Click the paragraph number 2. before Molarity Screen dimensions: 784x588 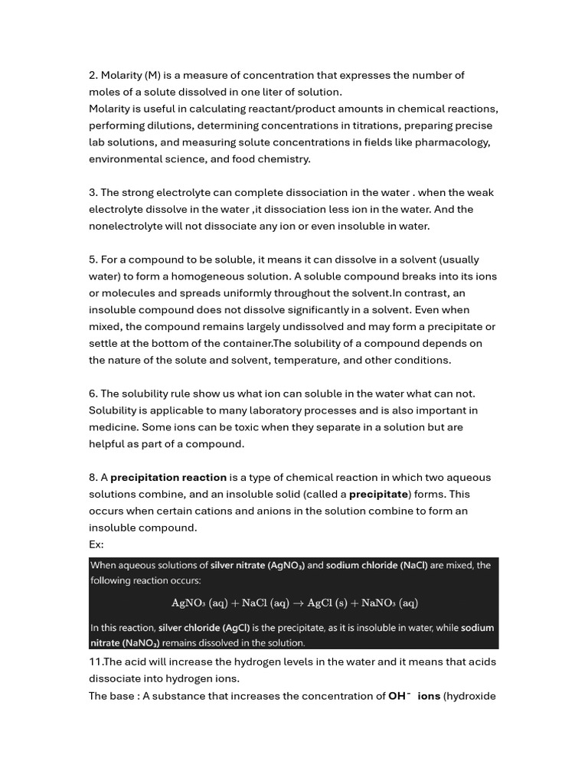pyautogui.click(x=93, y=75)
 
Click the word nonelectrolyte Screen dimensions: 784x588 pyautogui.click(x=126, y=226)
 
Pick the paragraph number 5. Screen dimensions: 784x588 pyautogui.click(x=93, y=260)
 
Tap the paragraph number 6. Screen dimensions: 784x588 pyautogui.click(x=93, y=394)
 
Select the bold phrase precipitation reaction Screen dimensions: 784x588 pyautogui.click(x=168, y=477)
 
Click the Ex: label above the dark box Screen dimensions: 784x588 pyautogui.click(x=96, y=544)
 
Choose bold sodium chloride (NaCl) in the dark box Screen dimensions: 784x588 pyautogui.click(x=377, y=566)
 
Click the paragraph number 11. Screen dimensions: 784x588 pyautogui.click(x=95, y=661)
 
